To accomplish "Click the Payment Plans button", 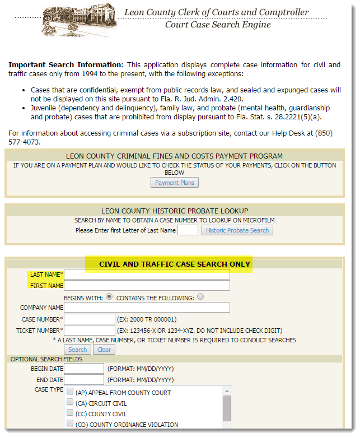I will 175,183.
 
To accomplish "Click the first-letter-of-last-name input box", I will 188,230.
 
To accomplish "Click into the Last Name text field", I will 147,275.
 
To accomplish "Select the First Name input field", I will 147,286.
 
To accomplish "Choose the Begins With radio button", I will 109,297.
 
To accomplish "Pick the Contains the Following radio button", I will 200,297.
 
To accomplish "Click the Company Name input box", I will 147,308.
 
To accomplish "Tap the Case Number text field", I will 90,319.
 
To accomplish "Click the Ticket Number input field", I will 90,331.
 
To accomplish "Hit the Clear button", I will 104,350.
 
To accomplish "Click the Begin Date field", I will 84,369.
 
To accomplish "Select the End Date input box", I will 84,380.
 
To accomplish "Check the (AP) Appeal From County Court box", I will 70,392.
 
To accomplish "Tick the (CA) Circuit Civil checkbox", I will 70,403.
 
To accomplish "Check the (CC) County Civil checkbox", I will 70,413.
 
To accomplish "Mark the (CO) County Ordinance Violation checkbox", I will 70,424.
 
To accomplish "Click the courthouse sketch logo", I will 79,21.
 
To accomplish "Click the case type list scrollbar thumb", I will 227,408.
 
